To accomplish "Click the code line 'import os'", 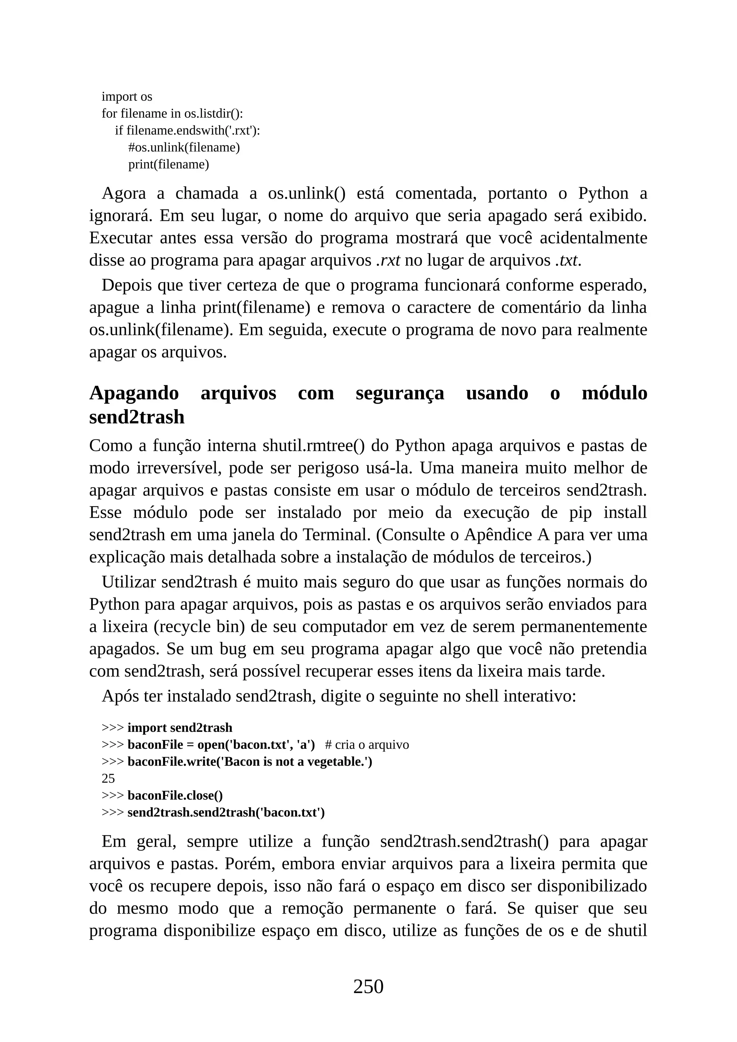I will (x=127, y=97).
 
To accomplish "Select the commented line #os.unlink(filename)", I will (x=184, y=148).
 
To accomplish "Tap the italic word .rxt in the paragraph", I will (x=388, y=260).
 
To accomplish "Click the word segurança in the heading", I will (x=400, y=393).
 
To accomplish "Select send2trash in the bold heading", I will (x=137, y=417).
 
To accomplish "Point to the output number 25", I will (x=108, y=778).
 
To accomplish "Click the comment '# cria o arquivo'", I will (x=367, y=745).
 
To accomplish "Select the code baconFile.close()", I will (x=175, y=796).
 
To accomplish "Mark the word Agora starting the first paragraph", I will (x=124, y=193).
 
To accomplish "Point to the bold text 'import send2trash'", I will (x=180, y=728).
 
